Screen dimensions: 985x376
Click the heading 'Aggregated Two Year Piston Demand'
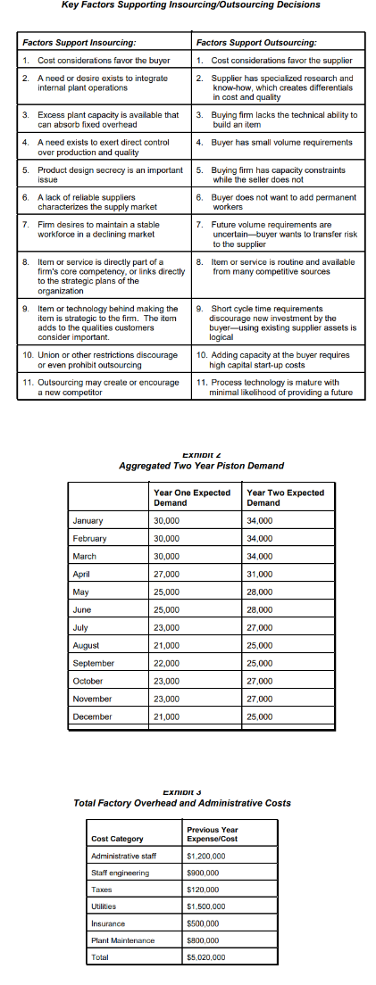pos(201,466)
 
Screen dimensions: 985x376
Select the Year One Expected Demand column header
pos(192,498)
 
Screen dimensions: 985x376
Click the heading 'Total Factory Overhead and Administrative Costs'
pos(182,803)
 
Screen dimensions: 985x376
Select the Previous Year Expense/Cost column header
pos(212,834)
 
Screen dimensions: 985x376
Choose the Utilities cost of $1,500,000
pos(208,905)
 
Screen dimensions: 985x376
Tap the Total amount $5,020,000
pos(208,956)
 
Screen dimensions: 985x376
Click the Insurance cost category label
pos(109,923)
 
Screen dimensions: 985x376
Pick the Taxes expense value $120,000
pos(204,889)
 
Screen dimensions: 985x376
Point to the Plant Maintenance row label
pos(122,939)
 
